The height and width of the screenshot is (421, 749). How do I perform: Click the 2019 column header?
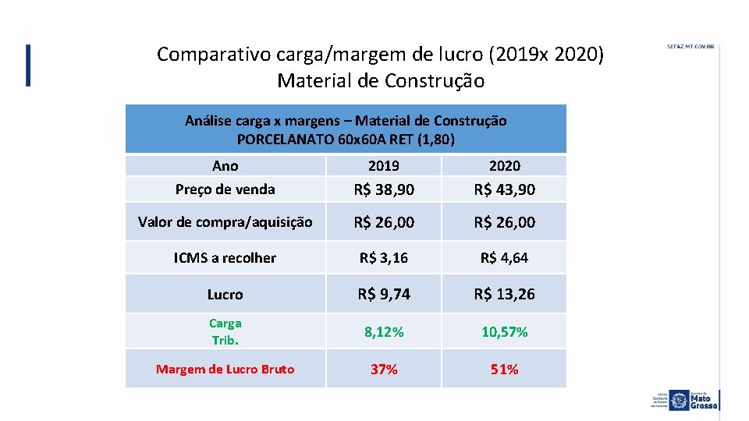(383, 165)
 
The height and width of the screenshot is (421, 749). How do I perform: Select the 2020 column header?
(504, 165)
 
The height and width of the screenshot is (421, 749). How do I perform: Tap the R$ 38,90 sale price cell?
(384, 189)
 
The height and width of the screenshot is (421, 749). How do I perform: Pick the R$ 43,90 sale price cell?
(504, 189)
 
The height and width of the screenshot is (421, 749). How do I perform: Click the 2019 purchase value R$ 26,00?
(384, 222)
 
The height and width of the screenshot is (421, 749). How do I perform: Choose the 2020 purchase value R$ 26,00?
(504, 222)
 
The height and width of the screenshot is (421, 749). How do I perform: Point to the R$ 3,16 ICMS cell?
(384, 257)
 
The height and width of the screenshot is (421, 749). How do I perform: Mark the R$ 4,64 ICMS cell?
(504, 257)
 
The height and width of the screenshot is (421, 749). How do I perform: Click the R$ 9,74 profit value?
(384, 294)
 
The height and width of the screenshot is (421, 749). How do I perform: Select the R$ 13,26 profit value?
(504, 294)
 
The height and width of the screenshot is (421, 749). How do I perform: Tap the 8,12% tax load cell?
(384, 331)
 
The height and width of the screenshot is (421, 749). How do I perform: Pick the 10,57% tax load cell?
(504, 331)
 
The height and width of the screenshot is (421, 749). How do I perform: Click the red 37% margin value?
(384, 369)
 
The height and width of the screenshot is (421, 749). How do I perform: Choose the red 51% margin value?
(504, 369)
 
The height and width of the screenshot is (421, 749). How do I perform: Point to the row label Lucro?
(225, 295)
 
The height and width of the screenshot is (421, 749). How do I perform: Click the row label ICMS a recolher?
(225, 258)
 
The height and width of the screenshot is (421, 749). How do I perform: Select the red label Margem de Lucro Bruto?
(225, 369)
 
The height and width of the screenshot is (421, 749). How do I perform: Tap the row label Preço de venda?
(225, 189)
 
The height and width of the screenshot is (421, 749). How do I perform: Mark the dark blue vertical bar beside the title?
(29, 65)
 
